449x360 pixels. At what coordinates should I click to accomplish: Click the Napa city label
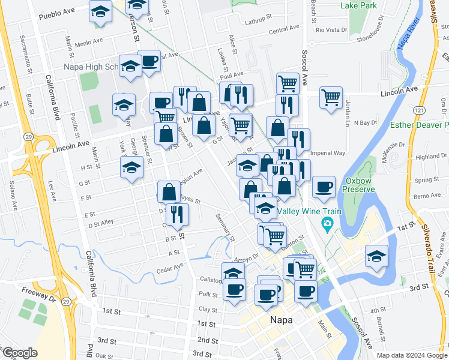coord(281,320)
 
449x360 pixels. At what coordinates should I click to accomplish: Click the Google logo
coord(20,353)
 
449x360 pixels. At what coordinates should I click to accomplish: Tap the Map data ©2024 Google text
coord(412,355)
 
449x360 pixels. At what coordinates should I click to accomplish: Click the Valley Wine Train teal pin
coord(327,226)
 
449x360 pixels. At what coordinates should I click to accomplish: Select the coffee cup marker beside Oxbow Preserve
coord(324,186)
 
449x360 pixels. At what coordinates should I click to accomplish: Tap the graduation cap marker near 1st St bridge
coord(376,256)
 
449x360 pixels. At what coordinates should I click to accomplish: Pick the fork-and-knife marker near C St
coord(176,214)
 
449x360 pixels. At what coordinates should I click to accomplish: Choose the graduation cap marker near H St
coord(131,167)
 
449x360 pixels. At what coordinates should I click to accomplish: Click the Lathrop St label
coord(260,22)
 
